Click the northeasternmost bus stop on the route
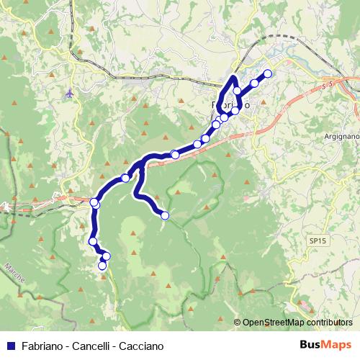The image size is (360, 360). [x=268, y=73]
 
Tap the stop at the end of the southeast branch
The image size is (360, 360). [x=165, y=215]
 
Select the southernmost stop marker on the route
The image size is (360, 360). [x=102, y=266]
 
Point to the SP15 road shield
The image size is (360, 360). [x=315, y=240]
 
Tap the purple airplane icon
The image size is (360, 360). [x=69, y=93]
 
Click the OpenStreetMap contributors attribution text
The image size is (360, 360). [x=297, y=323]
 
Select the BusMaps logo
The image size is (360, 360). [x=325, y=345]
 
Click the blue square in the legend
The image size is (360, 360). [x=12, y=346]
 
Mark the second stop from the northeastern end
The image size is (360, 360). [x=255, y=84]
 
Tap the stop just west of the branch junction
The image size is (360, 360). [x=126, y=178]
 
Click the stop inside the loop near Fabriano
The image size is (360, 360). [x=237, y=91]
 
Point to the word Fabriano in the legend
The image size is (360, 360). [x=42, y=346]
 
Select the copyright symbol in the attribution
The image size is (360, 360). [x=238, y=323]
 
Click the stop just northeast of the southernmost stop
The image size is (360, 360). [x=107, y=256]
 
